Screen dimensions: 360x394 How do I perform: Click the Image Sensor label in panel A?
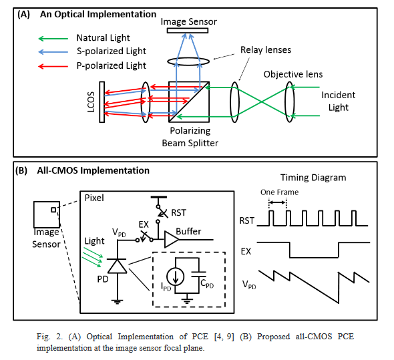click(x=189, y=22)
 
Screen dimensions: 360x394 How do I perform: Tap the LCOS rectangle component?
click(x=102, y=102)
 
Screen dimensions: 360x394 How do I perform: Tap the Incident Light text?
click(x=339, y=101)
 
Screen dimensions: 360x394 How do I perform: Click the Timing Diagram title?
click(x=313, y=178)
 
